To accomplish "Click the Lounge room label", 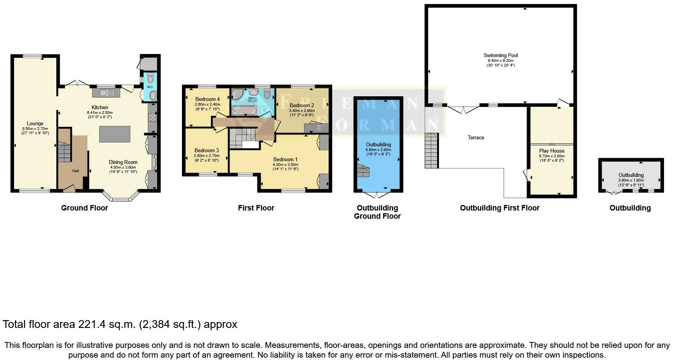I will pos(35,124).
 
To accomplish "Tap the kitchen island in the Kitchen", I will pos(115,134).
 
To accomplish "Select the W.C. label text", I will pos(150,87).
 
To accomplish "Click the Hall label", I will pos(76,171).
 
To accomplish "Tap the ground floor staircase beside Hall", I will pos(65,153).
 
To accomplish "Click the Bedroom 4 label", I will pos(207,99).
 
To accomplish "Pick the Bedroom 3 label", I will pos(207,150).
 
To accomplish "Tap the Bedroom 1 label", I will pos(285,159).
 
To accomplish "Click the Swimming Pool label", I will pos(500,56).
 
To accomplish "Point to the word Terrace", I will pos(476,138).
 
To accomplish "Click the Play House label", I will pos(552,151).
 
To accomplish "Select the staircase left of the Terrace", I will pos(431,151).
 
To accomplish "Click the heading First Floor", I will pos(256,208).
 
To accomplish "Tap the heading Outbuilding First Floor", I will pos(500,208).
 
